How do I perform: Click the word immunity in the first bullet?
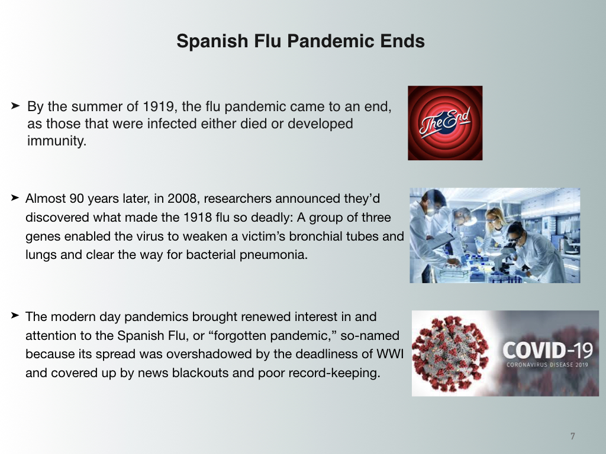point(56,141)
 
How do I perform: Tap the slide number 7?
point(572,436)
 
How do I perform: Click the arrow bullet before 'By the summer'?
point(15,105)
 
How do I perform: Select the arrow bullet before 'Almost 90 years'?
point(15,197)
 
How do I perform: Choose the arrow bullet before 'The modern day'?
point(15,316)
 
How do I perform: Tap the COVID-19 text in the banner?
point(547,351)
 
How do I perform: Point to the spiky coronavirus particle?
point(450,354)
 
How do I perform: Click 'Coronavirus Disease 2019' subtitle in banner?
point(547,365)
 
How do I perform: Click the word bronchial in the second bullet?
point(315,236)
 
